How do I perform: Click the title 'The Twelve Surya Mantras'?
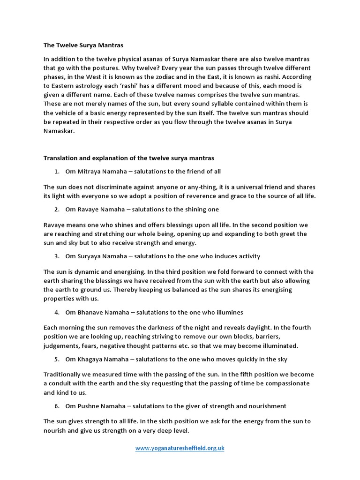click(83, 45)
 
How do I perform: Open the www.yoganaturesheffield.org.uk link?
click(180, 448)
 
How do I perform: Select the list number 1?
click(56, 172)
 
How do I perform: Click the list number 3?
click(56, 256)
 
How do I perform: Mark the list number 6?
click(56, 406)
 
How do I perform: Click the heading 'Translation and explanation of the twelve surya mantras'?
click(129, 158)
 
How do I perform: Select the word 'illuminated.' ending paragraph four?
click(279, 346)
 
